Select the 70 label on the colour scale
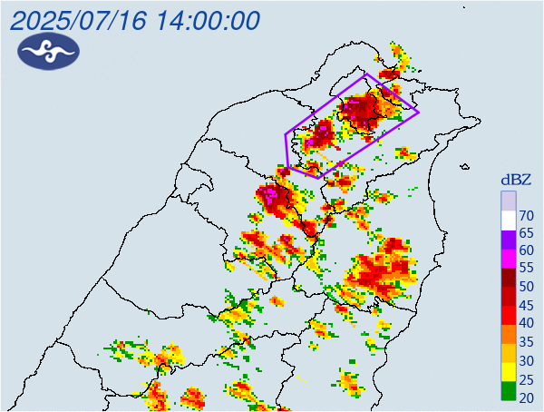pos(527,215)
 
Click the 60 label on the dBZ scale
pos(527,250)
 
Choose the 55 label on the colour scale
pos(527,269)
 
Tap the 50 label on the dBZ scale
pos(527,287)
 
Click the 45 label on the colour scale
pos(527,305)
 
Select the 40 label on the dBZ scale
pos(527,323)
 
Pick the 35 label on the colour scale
pos(527,341)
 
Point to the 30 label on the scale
pos(527,359)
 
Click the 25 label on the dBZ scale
pos(527,378)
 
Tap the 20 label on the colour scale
pos(527,397)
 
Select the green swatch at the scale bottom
pos(508,391)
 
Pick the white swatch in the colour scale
pos(508,219)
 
